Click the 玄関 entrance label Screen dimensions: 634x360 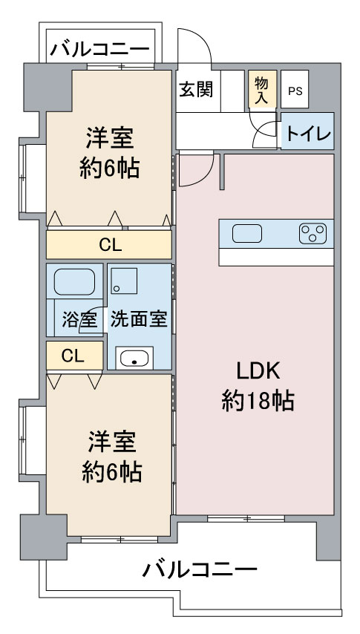[196, 89]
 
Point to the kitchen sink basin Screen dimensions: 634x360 [246, 234]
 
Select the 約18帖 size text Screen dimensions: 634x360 [258, 402]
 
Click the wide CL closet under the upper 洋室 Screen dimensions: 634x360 [110, 244]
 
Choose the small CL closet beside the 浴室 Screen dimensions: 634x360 [73, 356]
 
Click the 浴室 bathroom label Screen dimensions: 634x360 [79, 321]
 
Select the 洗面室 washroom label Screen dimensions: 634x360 [138, 320]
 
